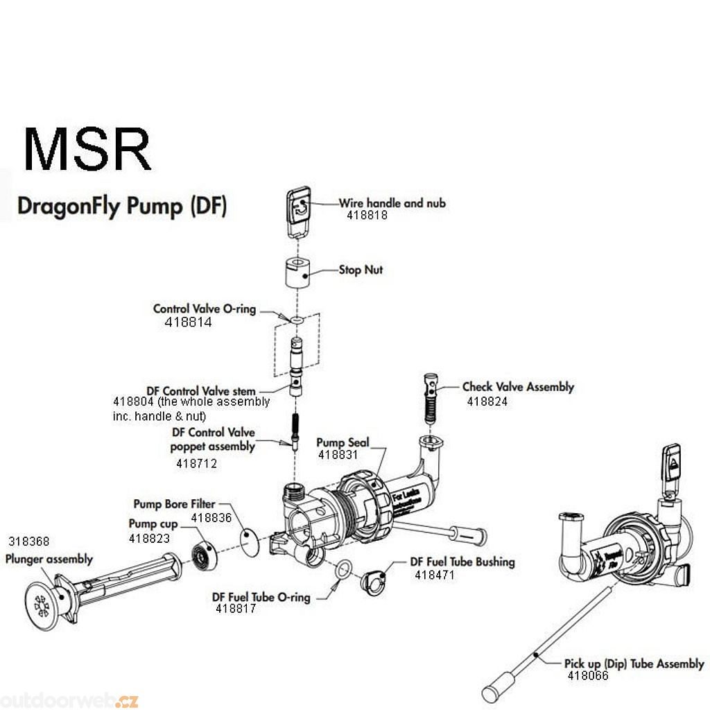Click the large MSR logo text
(87, 149)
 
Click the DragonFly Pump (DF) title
(121, 207)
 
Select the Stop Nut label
(361, 270)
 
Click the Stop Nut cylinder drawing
(297, 273)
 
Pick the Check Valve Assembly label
(518, 387)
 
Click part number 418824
(487, 401)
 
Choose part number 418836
(211, 517)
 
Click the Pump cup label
(153, 523)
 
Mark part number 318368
(28, 542)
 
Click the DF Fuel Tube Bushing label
(462, 562)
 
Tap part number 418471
(435, 575)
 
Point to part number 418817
(236, 609)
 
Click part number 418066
(587, 676)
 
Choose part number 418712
(196, 463)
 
